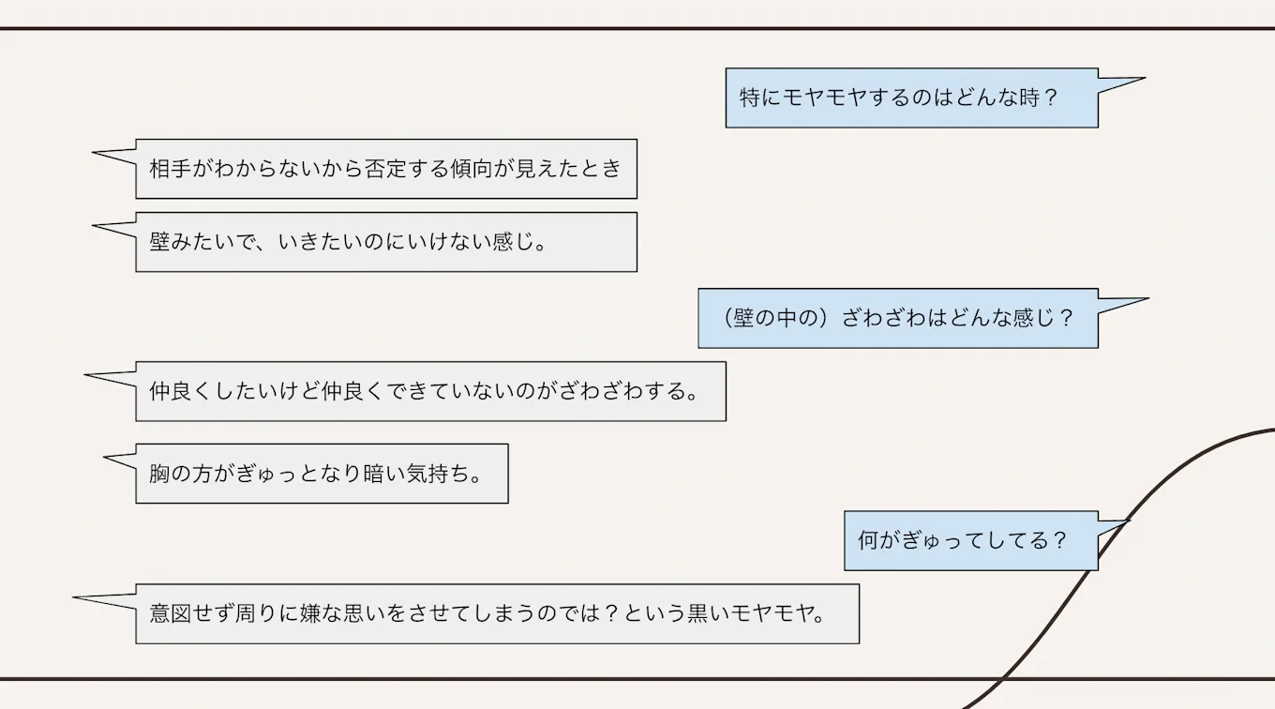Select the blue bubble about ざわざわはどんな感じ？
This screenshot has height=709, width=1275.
(x=897, y=318)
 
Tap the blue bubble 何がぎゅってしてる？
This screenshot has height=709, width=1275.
(x=970, y=540)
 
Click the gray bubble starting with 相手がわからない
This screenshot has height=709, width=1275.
(x=385, y=169)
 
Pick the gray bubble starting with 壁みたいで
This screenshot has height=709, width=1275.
(x=385, y=242)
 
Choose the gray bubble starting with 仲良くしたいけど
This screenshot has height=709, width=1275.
(x=430, y=391)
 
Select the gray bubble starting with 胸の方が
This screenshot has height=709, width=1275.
(x=322, y=474)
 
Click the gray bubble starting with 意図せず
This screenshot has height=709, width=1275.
(x=497, y=614)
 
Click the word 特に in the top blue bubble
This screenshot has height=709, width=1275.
(x=759, y=98)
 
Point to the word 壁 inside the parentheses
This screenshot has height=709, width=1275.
(x=744, y=318)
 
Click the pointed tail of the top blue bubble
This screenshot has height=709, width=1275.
(x=1130, y=82)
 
